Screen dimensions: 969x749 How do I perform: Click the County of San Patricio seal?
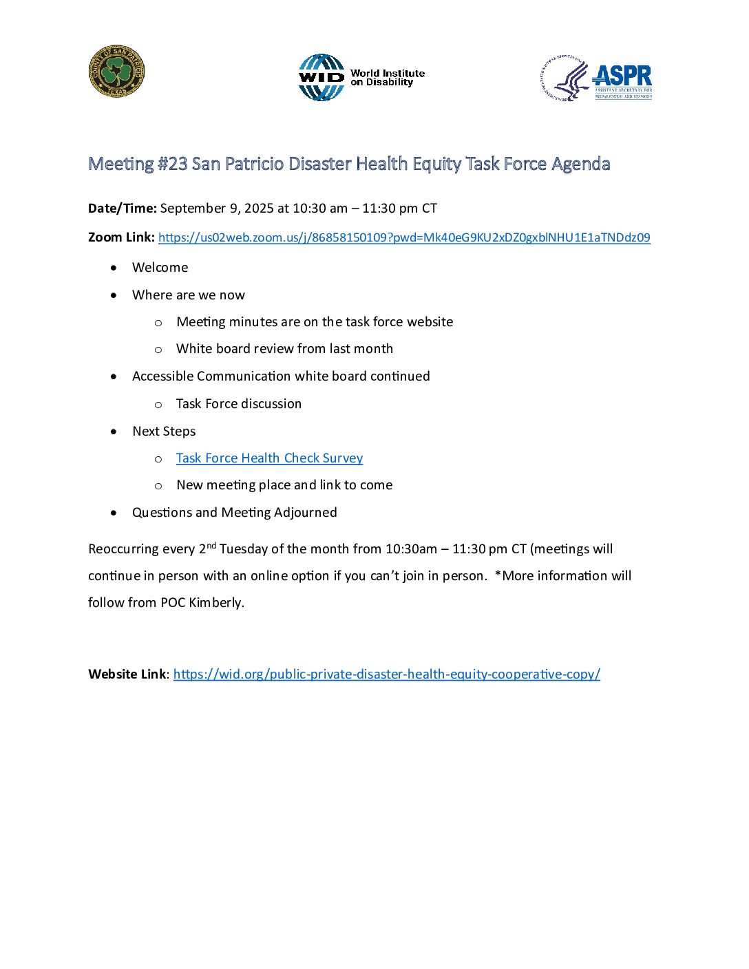tap(116, 72)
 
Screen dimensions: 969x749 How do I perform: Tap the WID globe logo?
tap(321, 78)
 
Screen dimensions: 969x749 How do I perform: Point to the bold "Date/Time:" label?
tap(123, 209)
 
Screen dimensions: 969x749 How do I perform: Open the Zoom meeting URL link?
tap(404, 237)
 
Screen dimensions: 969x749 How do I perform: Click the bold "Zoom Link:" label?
tap(121, 237)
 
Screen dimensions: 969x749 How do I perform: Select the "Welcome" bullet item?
tap(160, 268)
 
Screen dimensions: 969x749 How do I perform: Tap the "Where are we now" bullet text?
tap(188, 295)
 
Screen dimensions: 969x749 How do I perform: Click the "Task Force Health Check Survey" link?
tap(269, 458)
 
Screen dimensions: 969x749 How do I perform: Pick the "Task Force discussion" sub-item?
tap(238, 404)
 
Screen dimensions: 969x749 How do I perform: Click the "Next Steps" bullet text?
tap(164, 432)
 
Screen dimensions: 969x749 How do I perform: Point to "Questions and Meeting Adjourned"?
tap(234, 513)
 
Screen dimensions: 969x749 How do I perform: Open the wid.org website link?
tap(386, 674)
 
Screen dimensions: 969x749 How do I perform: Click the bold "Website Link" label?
tap(127, 674)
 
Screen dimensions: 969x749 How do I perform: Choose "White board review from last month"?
tap(284, 349)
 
